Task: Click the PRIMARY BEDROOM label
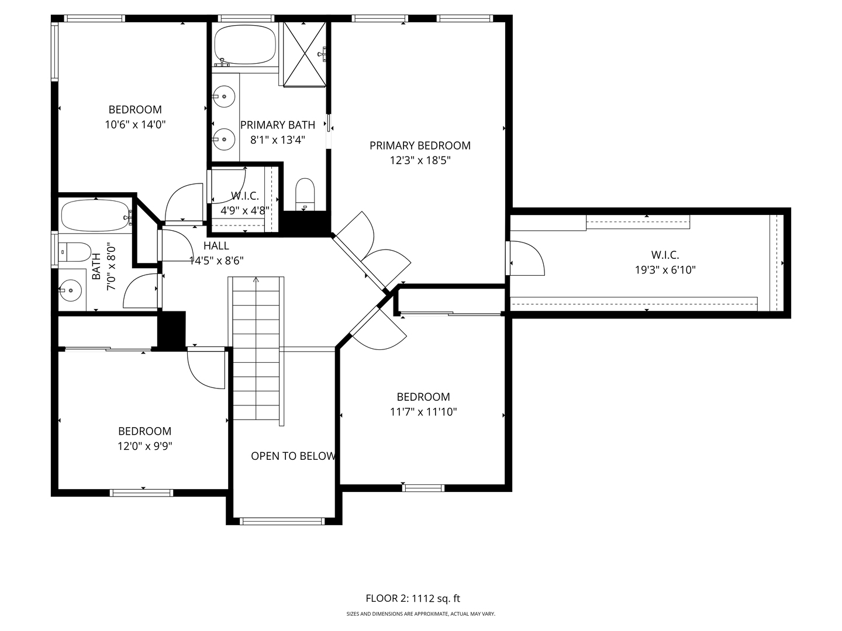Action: [x=420, y=145]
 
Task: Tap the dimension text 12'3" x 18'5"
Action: [x=420, y=160]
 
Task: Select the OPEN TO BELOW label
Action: [x=293, y=456]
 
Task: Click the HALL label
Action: [x=216, y=246]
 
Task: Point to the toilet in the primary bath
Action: [x=305, y=193]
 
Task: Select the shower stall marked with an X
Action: [x=304, y=54]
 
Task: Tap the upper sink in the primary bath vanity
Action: [x=224, y=95]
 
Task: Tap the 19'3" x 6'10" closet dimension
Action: [x=665, y=270]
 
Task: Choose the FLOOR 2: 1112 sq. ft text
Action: [x=413, y=598]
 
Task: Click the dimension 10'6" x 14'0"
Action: [x=135, y=124]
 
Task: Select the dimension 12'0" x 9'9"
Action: [x=144, y=446]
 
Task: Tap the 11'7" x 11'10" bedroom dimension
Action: [x=423, y=412]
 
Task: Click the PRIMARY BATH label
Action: [x=278, y=125]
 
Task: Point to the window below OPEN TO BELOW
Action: [x=282, y=521]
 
